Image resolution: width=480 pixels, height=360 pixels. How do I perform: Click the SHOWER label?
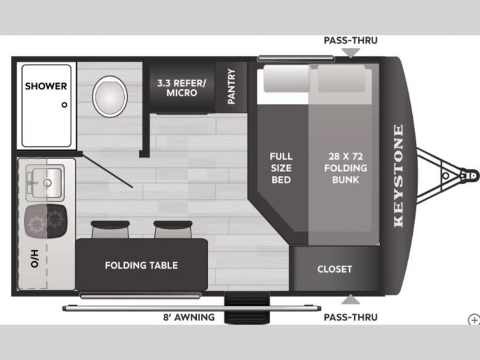46,86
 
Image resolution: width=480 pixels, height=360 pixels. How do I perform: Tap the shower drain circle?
64,104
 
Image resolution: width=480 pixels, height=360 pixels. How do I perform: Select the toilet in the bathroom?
110,97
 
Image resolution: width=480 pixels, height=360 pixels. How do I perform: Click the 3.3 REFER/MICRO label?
182,88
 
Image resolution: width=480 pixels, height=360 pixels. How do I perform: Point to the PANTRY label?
232,86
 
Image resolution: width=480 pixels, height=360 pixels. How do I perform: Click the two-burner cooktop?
46,221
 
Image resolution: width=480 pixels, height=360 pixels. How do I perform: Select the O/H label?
34,259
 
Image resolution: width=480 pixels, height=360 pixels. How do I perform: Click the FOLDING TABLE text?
142,265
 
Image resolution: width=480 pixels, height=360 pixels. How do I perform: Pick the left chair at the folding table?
110,229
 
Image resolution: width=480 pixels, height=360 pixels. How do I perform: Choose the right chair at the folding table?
173,229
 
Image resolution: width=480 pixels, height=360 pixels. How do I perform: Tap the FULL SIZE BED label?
281,168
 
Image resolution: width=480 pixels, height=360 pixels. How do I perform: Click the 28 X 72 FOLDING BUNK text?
346,168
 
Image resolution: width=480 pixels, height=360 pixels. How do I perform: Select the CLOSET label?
335,269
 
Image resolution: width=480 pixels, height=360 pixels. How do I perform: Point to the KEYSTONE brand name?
398,176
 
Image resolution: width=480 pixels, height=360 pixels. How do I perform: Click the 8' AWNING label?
189,317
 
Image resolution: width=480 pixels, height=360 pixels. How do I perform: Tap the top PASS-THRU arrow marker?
351,53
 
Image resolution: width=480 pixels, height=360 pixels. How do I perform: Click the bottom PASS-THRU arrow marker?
351,299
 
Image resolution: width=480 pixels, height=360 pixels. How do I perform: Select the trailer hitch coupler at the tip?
470,176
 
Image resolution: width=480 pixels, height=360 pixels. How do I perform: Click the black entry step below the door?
247,308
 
